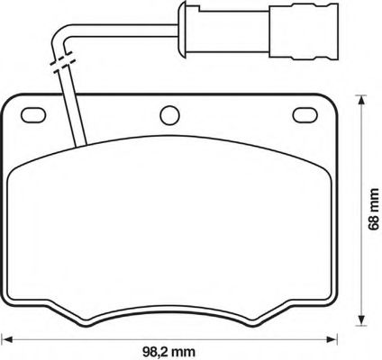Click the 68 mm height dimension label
click(x=373, y=209)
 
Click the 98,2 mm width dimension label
click(x=168, y=351)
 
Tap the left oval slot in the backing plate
click(x=33, y=115)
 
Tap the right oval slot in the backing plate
click(x=305, y=115)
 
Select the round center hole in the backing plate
click(x=169, y=115)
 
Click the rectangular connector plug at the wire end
click(x=304, y=30)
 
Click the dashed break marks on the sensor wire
click(x=62, y=62)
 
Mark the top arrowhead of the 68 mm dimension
click(x=360, y=100)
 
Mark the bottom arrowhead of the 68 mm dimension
click(x=360, y=320)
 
